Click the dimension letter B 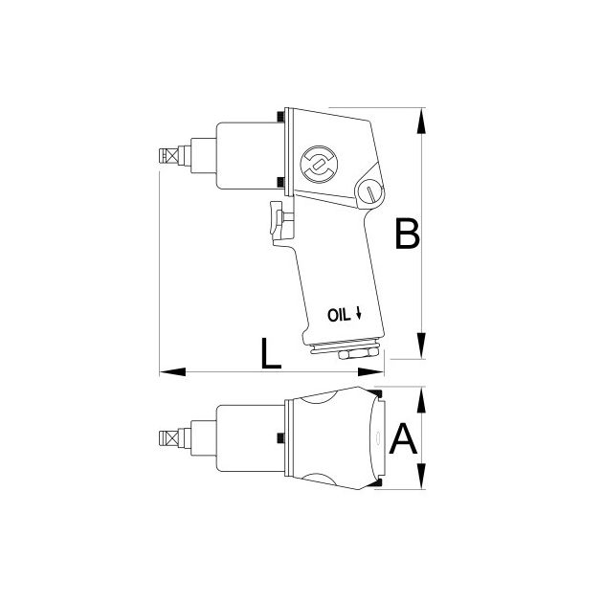pos(407,234)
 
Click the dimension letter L pos(271,353)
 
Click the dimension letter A pos(403,438)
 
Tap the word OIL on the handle pos(339,315)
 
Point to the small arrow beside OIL pos(358,313)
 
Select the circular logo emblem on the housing pos(319,165)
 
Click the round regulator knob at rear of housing pos(370,192)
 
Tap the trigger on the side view pos(276,218)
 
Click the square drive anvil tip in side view pos(169,156)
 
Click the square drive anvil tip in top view pos(169,438)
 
